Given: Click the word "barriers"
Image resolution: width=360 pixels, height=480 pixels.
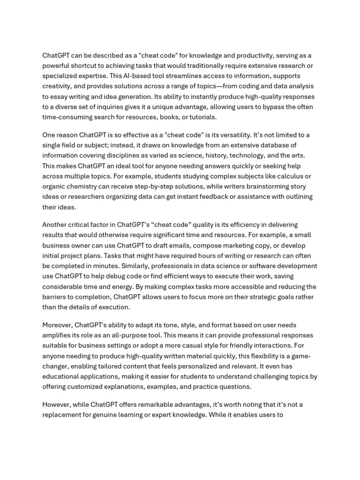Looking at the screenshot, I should (x=55, y=297).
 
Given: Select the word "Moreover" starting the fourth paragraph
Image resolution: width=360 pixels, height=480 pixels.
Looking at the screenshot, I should (x=57, y=325).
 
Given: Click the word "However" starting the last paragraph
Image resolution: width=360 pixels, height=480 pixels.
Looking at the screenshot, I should (x=55, y=405).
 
